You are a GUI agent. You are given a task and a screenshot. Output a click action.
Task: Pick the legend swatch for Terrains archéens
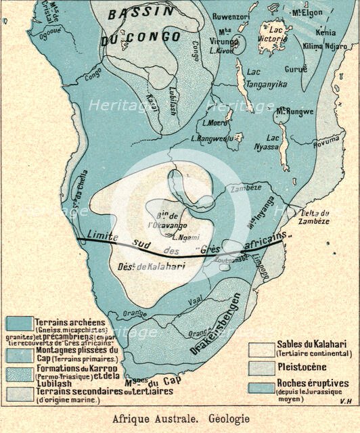tap(18, 325)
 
